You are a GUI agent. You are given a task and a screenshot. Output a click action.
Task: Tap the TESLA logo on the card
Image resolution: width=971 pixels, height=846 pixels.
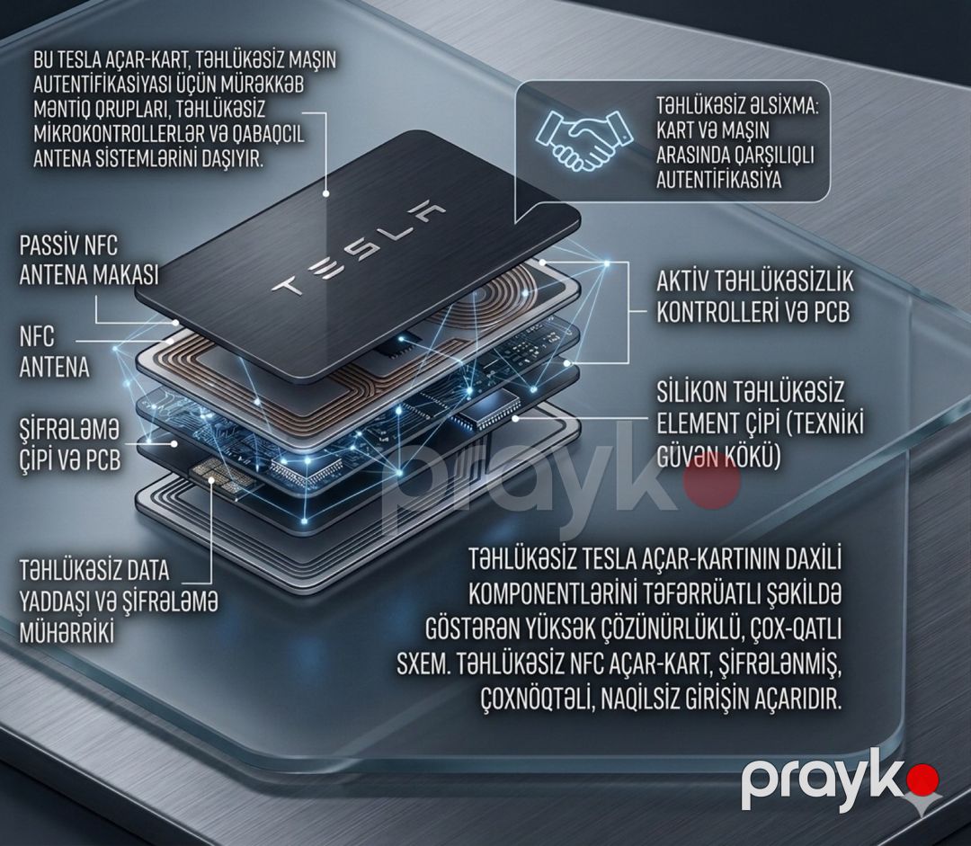coord(358,248)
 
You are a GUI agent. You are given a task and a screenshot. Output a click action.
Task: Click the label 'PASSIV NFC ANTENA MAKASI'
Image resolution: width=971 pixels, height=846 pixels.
coord(88,260)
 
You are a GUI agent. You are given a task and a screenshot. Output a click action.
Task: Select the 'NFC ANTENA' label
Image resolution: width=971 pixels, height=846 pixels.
coord(54,352)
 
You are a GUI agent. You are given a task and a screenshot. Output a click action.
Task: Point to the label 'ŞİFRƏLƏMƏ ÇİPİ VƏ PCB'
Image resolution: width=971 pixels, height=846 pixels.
coord(69,444)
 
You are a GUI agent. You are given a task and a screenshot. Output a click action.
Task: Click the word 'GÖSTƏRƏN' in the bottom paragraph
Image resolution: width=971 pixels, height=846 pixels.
coord(469,630)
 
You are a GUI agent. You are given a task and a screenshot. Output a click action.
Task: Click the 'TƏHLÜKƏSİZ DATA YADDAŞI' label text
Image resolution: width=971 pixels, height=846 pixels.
coord(94,585)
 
